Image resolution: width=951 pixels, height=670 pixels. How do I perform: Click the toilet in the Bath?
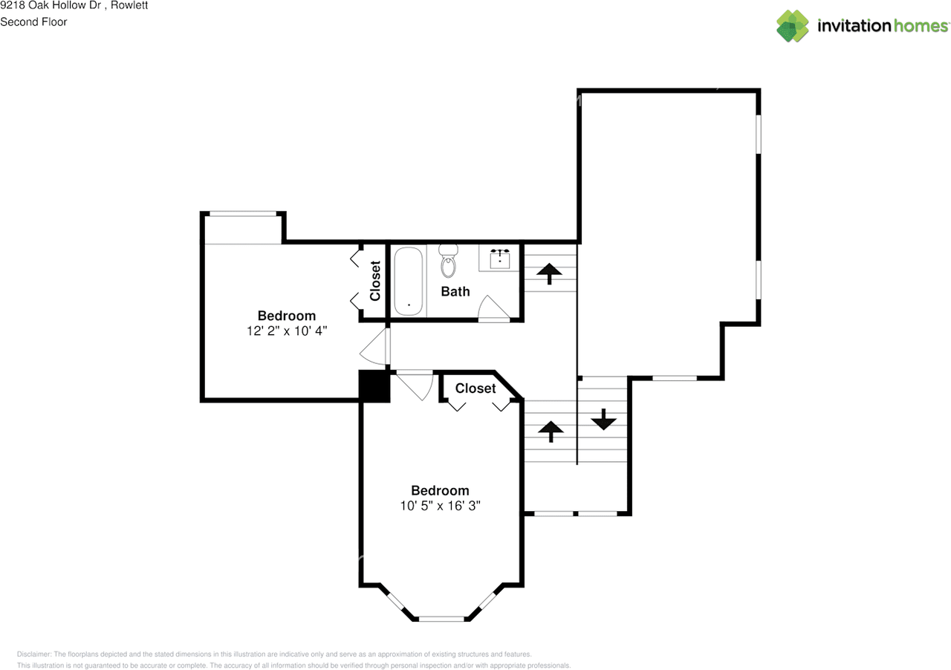tap(448, 261)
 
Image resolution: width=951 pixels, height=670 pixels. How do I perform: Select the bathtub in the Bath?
tap(409, 281)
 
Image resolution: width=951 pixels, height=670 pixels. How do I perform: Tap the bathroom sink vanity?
tap(499, 258)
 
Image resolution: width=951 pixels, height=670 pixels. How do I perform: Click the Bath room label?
tap(455, 291)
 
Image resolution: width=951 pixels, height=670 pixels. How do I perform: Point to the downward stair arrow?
tap(603, 420)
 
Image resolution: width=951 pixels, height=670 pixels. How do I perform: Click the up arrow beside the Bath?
tap(549, 273)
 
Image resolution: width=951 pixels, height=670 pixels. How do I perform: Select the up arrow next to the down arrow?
tap(551, 431)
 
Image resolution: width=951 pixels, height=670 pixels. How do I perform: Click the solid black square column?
tap(374, 386)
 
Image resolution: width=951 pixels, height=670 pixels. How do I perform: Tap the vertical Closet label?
tap(375, 281)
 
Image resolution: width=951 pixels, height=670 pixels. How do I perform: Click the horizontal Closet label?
tap(475, 388)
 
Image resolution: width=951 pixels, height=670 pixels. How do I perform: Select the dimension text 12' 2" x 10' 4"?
tap(287, 331)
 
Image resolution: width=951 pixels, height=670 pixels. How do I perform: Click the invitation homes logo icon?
tap(793, 26)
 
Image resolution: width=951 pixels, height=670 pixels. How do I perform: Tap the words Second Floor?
tap(33, 22)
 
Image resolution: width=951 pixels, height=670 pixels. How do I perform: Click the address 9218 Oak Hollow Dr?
tap(51, 6)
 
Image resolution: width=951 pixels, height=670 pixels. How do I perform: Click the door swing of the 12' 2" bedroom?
tap(375, 347)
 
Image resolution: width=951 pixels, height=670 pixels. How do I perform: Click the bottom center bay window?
tap(441, 618)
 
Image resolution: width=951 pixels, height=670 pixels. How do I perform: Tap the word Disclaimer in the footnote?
tap(33, 654)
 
